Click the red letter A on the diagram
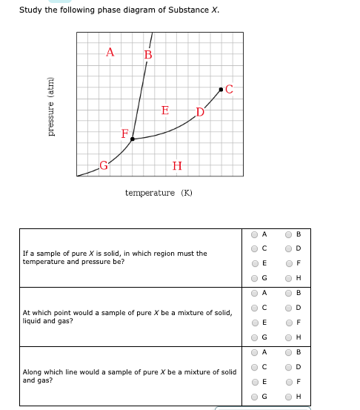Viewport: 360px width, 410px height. [110, 52]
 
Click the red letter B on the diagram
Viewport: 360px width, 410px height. [148, 55]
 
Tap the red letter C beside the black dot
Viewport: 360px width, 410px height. [229, 90]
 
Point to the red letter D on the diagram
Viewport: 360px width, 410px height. [199, 113]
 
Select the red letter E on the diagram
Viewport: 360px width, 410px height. [164, 110]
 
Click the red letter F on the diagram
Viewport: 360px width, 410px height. [125, 133]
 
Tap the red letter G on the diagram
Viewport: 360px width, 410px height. [104, 165]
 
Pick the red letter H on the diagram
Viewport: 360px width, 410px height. [176, 165]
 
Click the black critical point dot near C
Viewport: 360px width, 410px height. [220, 90]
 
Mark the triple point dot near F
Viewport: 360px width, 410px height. [133, 139]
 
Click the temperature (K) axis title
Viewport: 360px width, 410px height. [159, 193]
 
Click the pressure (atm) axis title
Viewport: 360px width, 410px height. [51, 106]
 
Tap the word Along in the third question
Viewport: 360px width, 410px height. [33, 371]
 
